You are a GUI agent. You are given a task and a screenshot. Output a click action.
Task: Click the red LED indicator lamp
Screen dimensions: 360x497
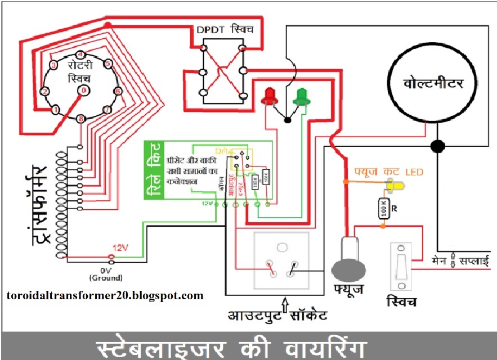269,96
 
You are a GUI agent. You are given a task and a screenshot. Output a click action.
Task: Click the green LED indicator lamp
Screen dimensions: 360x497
302,96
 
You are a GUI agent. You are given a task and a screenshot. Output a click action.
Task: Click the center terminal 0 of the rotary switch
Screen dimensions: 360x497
83,89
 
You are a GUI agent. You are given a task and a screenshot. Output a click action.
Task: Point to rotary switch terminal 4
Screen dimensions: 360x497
80,55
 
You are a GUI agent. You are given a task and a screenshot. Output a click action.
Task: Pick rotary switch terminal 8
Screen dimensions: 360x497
82,119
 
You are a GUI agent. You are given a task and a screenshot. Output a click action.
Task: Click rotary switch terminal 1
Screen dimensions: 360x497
55,110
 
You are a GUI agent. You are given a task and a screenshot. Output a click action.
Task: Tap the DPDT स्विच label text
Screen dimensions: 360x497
224,29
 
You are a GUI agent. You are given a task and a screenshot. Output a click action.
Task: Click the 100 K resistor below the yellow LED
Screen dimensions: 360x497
383,208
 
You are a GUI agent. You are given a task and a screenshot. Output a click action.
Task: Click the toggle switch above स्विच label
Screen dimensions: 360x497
402,265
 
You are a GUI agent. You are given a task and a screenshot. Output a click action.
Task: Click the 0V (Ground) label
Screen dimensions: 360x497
105,273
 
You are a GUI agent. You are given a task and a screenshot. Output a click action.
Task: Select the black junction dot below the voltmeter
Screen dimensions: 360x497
436,146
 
